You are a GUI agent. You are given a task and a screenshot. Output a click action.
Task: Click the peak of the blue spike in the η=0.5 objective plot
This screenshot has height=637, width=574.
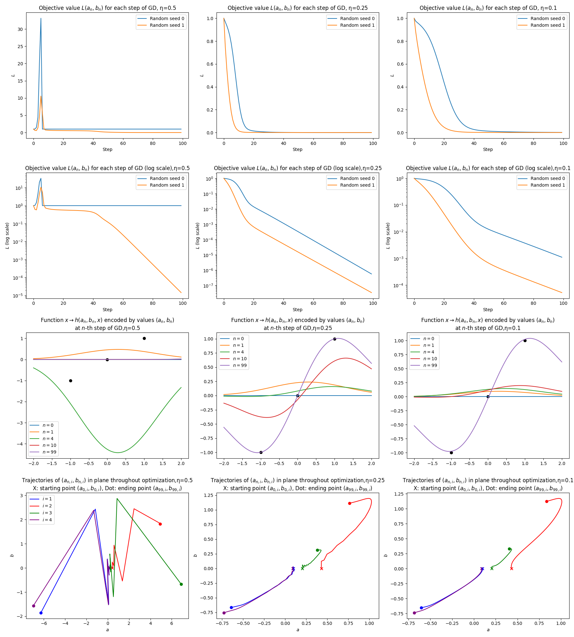[41, 18]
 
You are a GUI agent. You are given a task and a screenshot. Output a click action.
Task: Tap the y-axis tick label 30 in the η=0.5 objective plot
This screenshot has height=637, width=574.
[20, 29]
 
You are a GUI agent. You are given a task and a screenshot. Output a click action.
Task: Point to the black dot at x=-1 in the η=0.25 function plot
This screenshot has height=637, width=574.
[261, 452]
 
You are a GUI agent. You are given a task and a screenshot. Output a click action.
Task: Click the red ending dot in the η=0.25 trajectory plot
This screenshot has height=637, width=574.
[350, 503]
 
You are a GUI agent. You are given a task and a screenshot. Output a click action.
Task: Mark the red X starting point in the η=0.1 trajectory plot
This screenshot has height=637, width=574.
[511, 569]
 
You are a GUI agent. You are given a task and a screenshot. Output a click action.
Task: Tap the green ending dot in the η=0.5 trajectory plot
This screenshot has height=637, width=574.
[181, 584]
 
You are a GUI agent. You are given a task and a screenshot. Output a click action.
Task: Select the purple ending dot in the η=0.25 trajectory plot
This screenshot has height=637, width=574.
[224, 613]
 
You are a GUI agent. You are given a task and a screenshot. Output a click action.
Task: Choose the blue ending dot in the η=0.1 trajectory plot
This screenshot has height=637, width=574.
[421, 608]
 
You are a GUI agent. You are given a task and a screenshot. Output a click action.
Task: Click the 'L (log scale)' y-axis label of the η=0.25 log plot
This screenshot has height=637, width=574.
[198, 236]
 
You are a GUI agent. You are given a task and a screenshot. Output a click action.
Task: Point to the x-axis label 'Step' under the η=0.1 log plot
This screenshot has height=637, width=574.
[488, 310]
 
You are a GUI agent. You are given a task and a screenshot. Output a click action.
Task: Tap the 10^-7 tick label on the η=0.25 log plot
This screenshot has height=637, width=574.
[209, 286]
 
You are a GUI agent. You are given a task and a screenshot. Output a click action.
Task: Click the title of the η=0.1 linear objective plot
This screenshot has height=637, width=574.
[488, 8]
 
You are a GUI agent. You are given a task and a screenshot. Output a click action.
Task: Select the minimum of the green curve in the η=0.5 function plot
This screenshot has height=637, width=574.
[118, 452]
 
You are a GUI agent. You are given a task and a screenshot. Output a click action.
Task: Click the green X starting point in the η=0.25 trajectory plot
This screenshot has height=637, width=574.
[302, 569]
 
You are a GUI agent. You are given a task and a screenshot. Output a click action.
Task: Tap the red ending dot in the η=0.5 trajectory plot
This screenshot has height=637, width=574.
[160, 524]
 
